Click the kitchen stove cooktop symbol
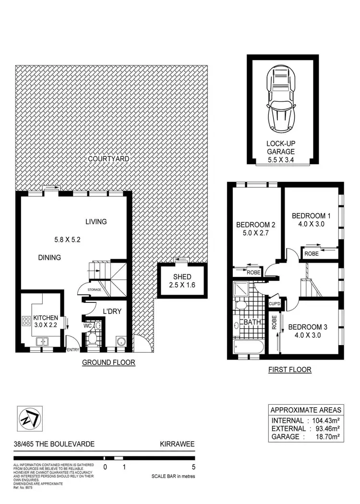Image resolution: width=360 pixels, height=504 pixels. pos(25,320)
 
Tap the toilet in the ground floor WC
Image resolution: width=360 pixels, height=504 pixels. pos(92,339)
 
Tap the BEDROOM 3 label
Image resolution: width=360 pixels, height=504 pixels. pos(308,327)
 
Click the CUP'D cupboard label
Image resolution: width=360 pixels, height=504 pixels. pos(275,304)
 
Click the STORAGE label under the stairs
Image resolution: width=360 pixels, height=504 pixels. pos(94,290)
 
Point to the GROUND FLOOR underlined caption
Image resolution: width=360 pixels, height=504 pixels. pos(108,362)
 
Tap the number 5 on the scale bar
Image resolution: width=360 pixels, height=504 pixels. pos(194,466)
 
